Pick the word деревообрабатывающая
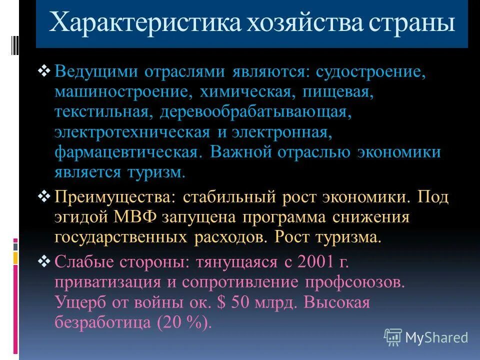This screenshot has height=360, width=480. coord(253,112)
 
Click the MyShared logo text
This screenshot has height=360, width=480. coord(436,337)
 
